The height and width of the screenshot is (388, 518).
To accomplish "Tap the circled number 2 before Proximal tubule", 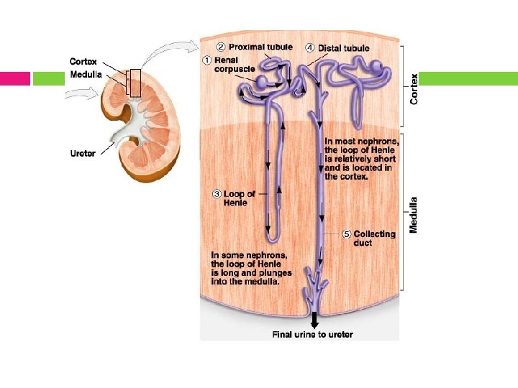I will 222,47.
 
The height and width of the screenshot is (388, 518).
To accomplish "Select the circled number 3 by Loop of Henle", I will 217,193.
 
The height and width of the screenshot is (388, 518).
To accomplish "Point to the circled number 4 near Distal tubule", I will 310,48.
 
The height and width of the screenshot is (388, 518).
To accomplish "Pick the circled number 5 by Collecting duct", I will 346,234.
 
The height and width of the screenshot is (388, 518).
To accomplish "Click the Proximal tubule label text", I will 260,47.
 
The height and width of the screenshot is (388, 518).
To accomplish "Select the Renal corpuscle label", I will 235,65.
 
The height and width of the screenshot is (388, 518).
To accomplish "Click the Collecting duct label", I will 374,238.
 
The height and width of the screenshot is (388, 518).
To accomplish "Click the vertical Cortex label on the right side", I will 414,89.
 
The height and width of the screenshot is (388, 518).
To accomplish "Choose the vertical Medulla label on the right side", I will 414,214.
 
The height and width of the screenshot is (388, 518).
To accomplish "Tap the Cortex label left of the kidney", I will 83,62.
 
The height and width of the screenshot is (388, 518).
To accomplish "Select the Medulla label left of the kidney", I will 86,74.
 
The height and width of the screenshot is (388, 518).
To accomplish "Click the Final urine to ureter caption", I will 312,334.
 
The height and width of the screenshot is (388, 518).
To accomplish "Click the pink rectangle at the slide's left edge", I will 15,78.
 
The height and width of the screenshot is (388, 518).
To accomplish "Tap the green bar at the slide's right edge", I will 468,78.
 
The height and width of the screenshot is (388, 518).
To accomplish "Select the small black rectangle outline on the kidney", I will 133,83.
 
